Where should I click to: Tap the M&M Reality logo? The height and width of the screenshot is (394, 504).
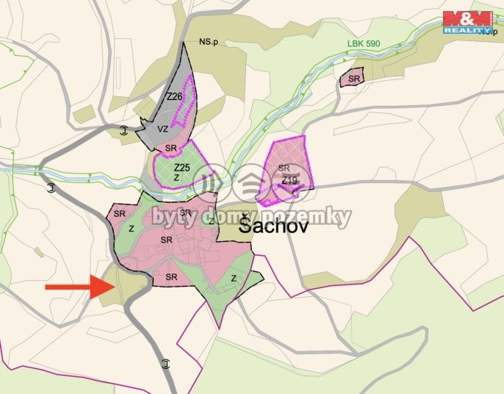click(x=467, y=23)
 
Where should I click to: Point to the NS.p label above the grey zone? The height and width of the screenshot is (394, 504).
click(x=209, y=42)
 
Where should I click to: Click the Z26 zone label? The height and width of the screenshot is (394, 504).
click(x=174, y=96)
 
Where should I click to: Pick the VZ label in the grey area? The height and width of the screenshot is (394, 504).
click(x=162, y=129)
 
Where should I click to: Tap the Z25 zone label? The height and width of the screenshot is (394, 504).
click(x=181, y=168)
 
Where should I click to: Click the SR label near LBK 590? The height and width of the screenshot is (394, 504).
click(x=355, y=78)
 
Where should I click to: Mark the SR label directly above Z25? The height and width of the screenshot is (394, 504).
click(x=172, y=148)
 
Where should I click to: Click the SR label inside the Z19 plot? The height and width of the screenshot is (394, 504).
click(x=284, y=168)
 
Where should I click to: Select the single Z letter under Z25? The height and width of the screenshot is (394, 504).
click(x=176, y=177)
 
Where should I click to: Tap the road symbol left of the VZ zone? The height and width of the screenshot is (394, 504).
click(x=123, y=132)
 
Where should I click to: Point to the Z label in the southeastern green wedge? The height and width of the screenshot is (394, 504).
click(x=234, y=279)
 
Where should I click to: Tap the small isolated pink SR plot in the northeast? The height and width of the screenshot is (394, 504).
click(x=352, y=77)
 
